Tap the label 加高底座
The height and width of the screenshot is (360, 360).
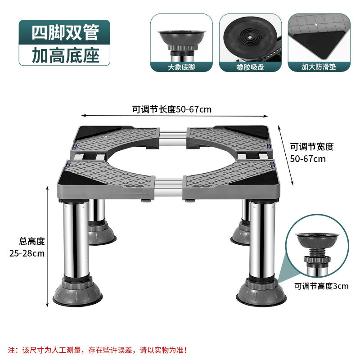coord(65,54)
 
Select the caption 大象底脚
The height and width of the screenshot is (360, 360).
coord(181,67)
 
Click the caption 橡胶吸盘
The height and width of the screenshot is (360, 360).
coord(250,67)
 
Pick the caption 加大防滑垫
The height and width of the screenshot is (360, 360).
coord(319,67)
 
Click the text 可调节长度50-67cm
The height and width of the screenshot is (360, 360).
coord(171,109)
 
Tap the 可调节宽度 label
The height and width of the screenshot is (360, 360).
coord(311,147)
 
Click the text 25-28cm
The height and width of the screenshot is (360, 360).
coord(27,253)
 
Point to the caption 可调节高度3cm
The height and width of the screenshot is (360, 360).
coord(321,286)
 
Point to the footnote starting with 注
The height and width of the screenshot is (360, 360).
coord(97,349)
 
